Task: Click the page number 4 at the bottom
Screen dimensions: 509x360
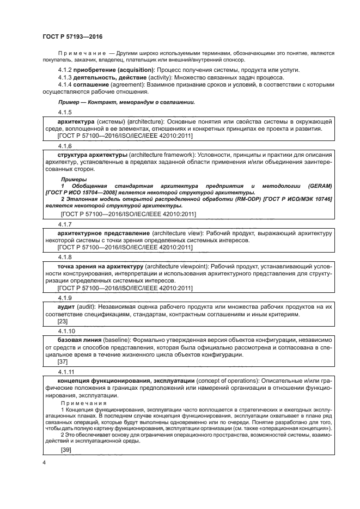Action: point(44,462)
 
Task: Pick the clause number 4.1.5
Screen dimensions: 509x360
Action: point(65,112)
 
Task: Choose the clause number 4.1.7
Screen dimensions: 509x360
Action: point(65,224)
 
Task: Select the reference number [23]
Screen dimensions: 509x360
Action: point(63,321)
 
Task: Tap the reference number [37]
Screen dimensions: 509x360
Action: point(63,362)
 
